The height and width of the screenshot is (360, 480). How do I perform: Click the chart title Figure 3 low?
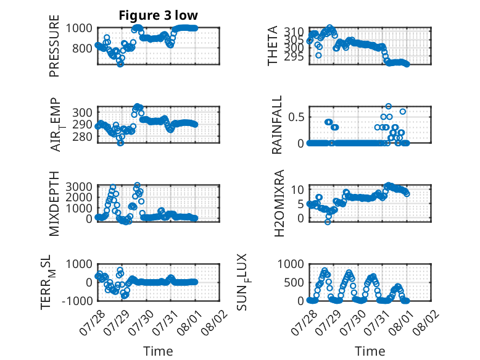coord(159,15)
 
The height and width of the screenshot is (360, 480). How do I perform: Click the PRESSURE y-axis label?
coord(54,46)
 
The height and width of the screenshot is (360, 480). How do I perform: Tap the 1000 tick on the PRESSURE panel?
coord(79,28)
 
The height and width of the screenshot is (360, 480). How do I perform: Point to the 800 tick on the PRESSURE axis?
coord(82,48)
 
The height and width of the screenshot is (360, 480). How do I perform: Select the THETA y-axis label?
coord(273,46)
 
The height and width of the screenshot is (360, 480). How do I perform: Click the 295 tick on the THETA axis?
coord(294,57)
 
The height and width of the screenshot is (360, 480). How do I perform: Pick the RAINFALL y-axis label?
coord(277,125)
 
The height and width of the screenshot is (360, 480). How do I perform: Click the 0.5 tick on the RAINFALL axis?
coord(296,117)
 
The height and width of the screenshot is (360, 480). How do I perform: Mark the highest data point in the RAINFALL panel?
coord(389,106)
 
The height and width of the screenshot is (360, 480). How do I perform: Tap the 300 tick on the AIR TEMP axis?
coord(82,112)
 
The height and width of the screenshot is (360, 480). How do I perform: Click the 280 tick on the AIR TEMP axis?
coord(82,136)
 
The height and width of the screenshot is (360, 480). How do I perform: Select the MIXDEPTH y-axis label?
coord(54,204)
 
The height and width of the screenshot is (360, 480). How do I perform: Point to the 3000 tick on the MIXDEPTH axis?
coord(79,186)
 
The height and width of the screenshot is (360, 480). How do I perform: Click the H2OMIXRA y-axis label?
coord(279,203)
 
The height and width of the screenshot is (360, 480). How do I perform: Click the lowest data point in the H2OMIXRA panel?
coord(328,222)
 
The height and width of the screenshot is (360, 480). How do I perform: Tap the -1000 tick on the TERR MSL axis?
coord(77,301)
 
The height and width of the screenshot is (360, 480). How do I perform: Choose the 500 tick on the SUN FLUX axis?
coord(294,282)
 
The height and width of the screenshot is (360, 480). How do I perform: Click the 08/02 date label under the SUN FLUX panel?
coord(426,322)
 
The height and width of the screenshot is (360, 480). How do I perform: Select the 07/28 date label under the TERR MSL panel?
coord(93,322)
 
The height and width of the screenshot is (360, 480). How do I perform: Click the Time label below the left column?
coord(159,351)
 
